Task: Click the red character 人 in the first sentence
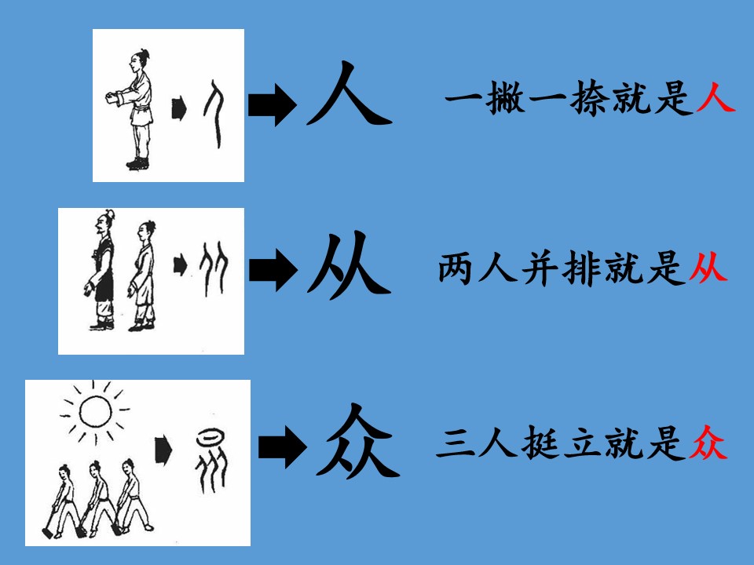tap(716, 97)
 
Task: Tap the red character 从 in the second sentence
tap(708, 267)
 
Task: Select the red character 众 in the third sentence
tap(708, 443)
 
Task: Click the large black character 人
tap(348, 93)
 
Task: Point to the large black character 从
tap(349, 264)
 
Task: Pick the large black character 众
tap(358, 440)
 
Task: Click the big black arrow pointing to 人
tap(273, 104)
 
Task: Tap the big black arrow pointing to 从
tap(273, 269)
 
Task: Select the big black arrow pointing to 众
tap(282, 447)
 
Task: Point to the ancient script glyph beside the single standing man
tap(214, 114)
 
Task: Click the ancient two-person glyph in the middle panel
tap(214, 268)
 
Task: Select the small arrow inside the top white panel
tap(179, 109)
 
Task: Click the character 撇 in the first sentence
tap(505, 97)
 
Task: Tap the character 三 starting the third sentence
tap(454, 443)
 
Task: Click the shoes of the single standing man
tap(138, 163)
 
